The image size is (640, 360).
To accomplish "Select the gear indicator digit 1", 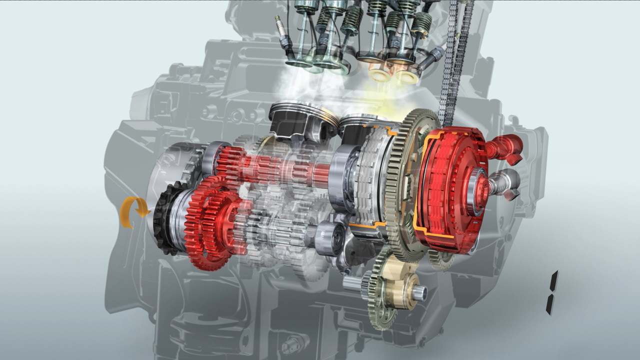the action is pos(552,292).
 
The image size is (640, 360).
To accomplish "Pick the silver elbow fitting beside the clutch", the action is pos(505,183).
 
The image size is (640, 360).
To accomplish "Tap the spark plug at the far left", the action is pos(283,34).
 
